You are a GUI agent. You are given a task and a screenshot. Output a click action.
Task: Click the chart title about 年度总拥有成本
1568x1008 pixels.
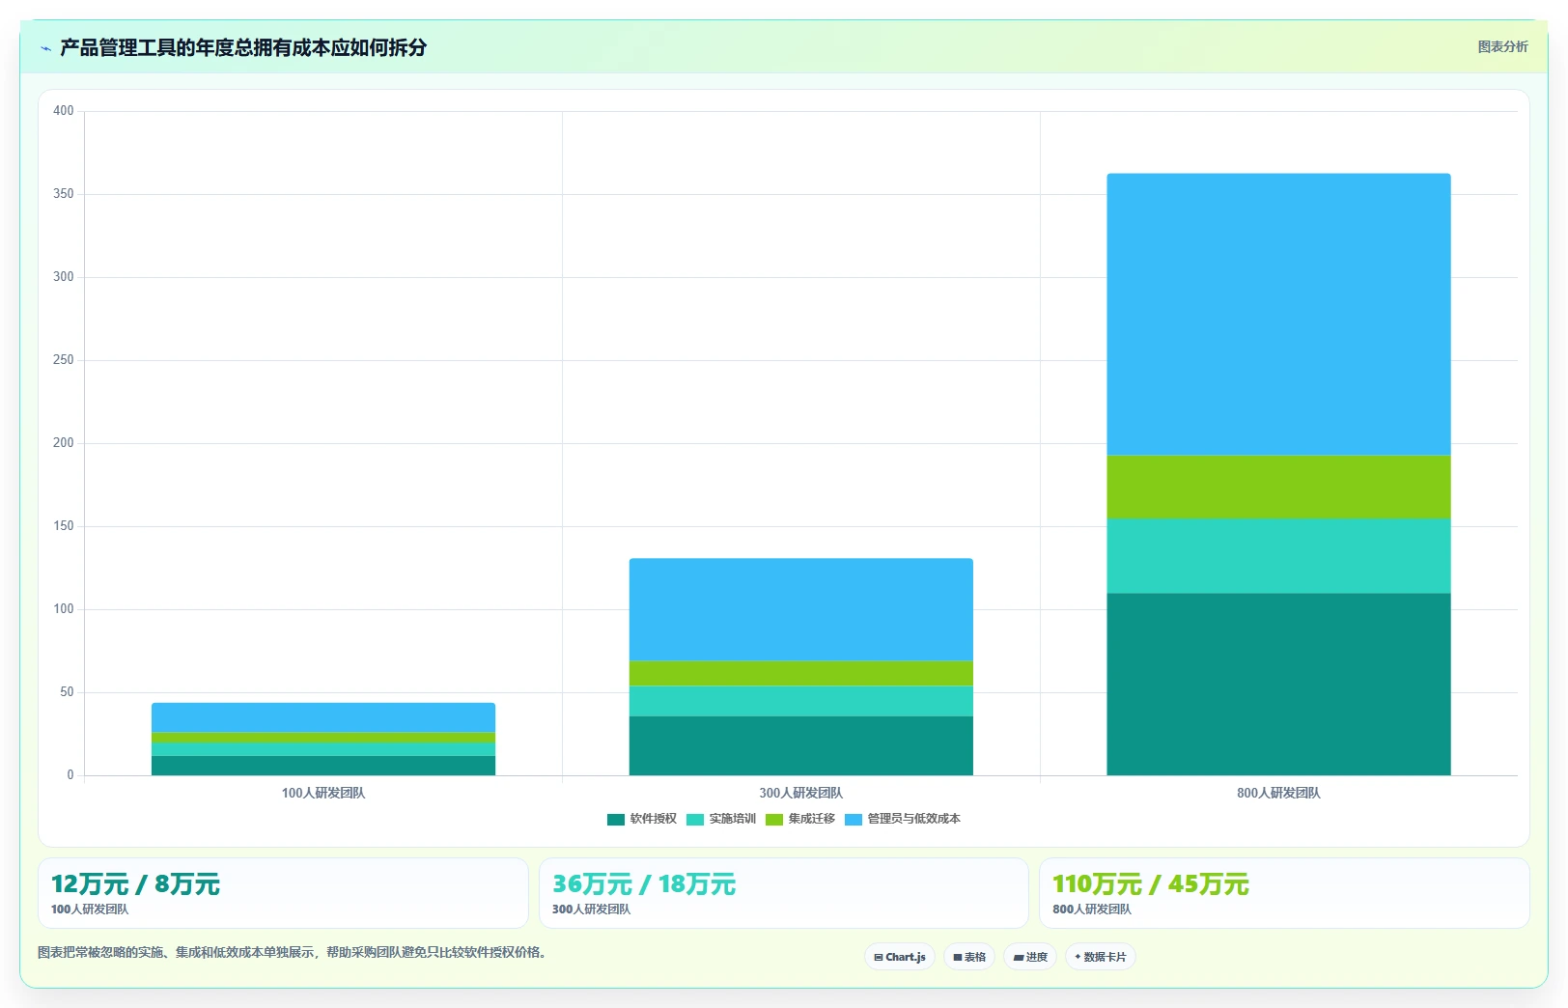243,47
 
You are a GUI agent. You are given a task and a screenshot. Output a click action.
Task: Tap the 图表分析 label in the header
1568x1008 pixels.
1502,47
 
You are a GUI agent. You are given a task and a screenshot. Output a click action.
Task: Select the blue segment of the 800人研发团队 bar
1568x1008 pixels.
1278,315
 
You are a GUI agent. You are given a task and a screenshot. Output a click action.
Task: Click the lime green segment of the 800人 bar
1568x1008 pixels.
1278,488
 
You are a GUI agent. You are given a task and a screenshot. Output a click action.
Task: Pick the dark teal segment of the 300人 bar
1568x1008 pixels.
800,745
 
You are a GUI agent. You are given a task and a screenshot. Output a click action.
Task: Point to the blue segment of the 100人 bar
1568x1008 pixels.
323,717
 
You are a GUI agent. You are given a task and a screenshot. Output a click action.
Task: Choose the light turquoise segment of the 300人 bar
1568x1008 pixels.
800,701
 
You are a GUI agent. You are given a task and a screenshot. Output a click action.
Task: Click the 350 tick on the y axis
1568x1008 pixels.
63,194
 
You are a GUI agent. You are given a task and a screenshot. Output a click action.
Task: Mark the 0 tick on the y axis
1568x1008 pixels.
70,775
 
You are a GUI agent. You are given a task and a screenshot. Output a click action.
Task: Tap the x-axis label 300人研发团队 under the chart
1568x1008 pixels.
800,793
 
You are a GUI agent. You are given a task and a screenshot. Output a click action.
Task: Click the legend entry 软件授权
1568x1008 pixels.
642,819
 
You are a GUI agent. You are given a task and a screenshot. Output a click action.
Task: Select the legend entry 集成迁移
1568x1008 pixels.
800,819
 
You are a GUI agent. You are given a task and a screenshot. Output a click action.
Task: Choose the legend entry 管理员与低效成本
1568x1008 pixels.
903,819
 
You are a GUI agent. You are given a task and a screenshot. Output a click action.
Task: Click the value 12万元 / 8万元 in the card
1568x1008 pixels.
136,884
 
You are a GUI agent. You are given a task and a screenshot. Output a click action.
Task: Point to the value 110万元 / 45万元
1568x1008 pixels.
1151,884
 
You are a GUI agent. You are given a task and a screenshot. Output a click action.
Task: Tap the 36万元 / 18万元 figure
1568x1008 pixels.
644,884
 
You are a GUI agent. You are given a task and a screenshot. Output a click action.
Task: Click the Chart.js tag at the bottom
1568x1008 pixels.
900,957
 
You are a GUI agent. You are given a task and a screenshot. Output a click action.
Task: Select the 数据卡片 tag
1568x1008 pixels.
1100,957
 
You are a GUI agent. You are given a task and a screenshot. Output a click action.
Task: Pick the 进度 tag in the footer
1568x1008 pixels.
1029,957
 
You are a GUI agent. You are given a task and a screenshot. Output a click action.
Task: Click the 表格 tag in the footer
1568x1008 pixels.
968,957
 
